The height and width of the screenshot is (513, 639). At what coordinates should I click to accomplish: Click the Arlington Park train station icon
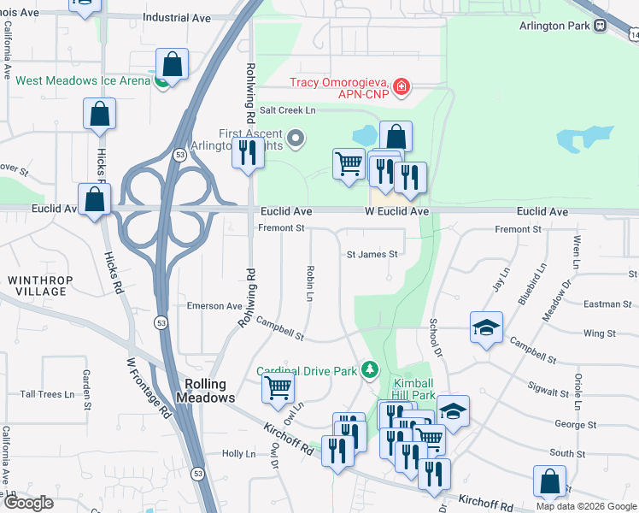601,25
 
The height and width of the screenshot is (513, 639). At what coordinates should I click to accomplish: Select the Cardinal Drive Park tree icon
370,370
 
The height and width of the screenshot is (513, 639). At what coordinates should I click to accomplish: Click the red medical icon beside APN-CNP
400,86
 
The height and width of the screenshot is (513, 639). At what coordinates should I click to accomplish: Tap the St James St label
372,254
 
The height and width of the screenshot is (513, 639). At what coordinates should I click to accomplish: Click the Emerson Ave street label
214,306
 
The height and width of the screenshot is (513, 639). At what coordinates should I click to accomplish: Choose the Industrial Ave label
177,17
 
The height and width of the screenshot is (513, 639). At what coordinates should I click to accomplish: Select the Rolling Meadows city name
205,391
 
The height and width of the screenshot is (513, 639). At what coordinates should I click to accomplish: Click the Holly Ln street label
238,454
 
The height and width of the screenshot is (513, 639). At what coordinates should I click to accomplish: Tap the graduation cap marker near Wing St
486,327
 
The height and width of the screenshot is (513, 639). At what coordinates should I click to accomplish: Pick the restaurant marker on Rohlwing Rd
247,153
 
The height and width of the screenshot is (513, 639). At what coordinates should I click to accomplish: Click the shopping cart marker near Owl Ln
278,387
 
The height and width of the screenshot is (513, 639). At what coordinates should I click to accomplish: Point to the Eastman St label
607,304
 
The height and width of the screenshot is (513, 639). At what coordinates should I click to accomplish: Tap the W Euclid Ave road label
396,211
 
